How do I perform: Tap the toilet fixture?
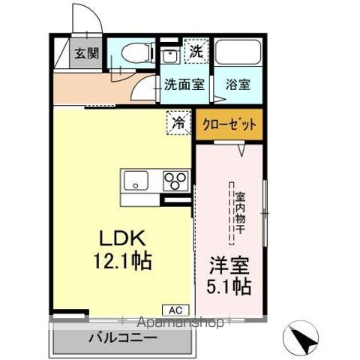[x=133, y=53]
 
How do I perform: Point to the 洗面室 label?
[x=184, y=85]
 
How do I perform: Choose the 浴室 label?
[x=238, y=85]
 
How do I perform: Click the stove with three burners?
[x=176, y=181]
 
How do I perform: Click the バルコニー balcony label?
[x=124, y=337]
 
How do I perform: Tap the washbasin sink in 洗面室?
[x=167, y=56]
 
